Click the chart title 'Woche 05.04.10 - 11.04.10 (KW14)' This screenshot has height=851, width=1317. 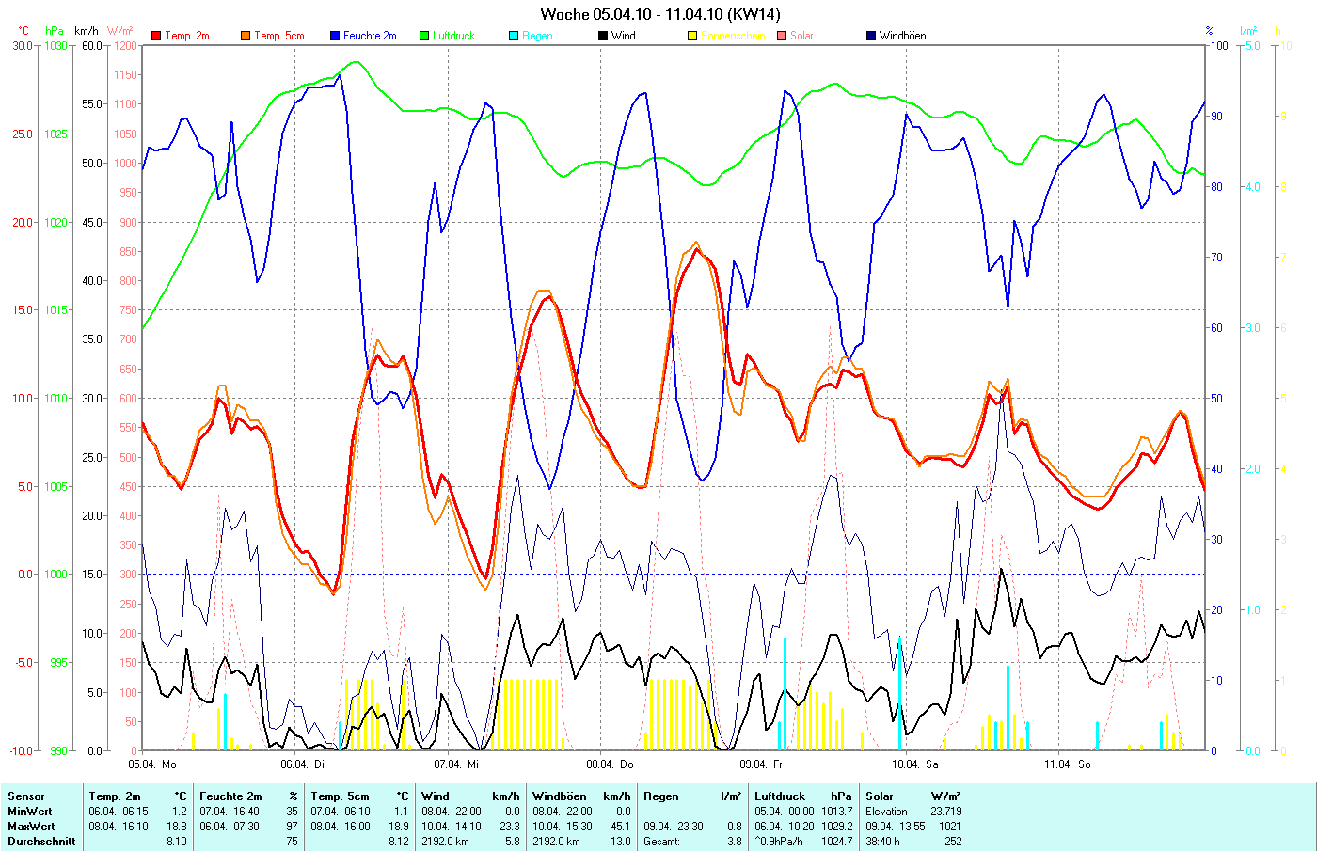(x=659, y=14)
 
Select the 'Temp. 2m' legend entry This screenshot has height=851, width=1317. (x=186, y=36)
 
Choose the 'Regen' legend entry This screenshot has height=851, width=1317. (x=537, y=36)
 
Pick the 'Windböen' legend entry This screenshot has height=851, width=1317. (x=902, y=36)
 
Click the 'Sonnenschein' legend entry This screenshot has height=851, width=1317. (x=733, y=36)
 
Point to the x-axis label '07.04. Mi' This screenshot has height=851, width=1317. (x=456, y=764)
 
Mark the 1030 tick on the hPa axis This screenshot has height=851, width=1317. (x=56, y=45)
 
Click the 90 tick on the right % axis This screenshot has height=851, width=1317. (x=1216, y=116)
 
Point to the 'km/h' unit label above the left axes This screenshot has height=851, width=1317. (x=87, y=31)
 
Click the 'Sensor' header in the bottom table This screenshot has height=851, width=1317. (x=26, y=796)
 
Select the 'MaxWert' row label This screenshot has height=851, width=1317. (x=31, y=827)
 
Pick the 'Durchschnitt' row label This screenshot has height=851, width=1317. (x=41, y=842)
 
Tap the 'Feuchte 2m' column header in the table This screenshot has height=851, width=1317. (x=230, y=796)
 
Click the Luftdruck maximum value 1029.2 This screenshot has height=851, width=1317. (x=837, y=827)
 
